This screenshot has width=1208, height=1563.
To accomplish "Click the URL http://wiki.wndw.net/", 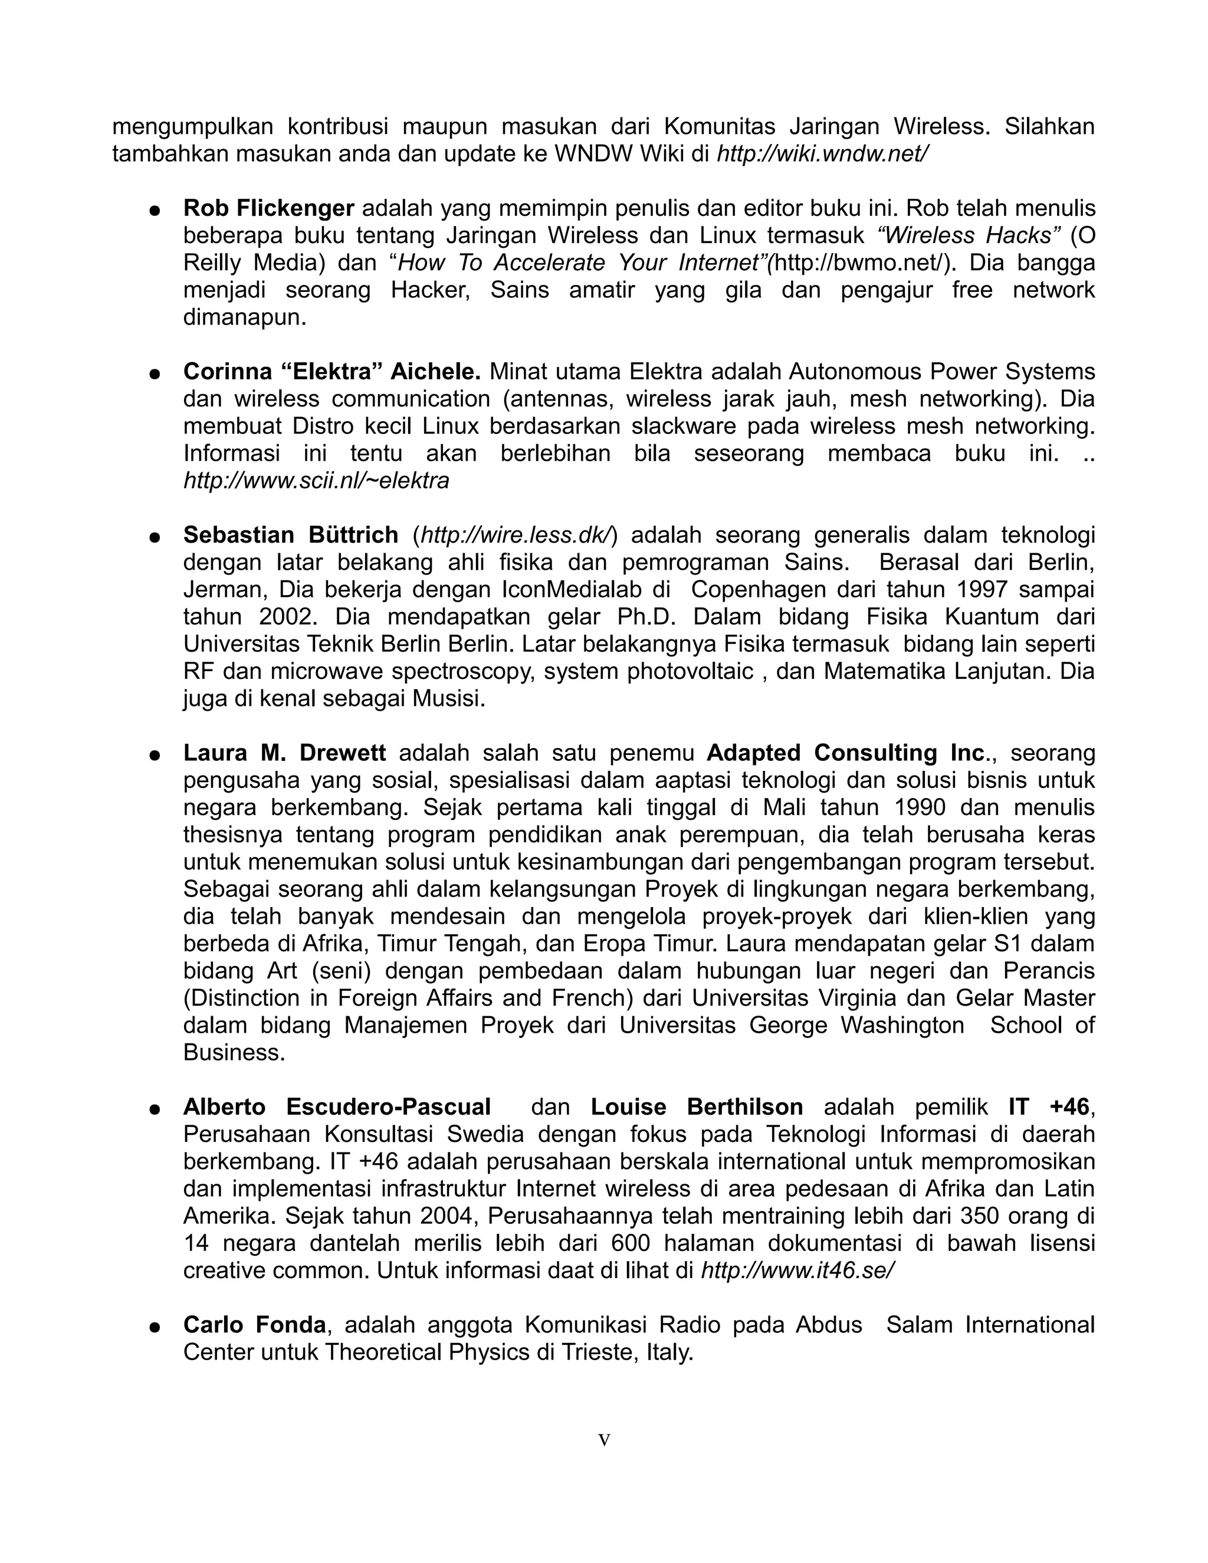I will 822,154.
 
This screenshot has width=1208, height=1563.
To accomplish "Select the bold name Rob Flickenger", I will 268,208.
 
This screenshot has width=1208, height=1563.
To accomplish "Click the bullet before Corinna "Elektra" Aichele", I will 154,373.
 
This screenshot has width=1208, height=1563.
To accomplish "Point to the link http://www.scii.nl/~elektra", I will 316,481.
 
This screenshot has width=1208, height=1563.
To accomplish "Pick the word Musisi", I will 448,698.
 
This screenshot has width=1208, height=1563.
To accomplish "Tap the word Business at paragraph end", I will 234,1052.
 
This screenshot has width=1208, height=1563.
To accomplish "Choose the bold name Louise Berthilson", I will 697,1107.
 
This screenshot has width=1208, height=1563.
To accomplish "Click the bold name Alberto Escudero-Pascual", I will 337,1107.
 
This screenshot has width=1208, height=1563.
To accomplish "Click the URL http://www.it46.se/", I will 797,1270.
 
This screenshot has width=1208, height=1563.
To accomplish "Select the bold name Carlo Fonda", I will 254,1325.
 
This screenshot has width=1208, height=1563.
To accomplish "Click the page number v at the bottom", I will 604,1441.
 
